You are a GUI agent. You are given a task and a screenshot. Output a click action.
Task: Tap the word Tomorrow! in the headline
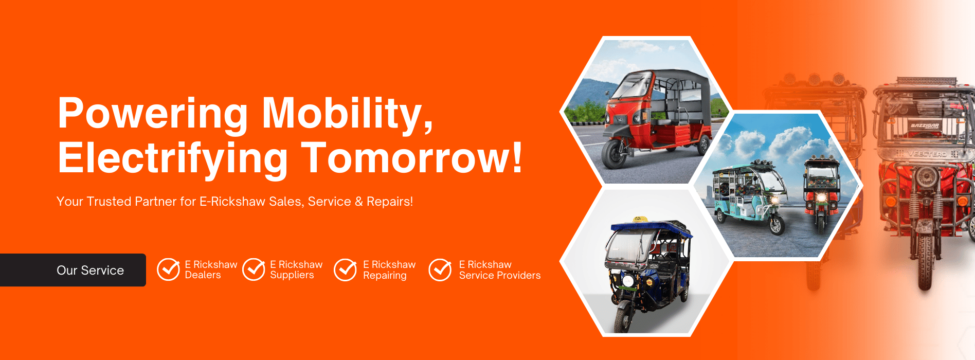(x=411, y=158)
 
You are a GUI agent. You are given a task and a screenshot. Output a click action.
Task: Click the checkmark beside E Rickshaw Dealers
(x=168, y=269)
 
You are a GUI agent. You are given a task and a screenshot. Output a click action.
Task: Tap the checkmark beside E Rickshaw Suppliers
(x=254, y=269)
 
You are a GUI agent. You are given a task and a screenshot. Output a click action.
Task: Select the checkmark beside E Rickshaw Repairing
(x=345, y=269)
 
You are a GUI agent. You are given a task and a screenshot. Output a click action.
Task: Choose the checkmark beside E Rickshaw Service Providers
(x=440, y=269)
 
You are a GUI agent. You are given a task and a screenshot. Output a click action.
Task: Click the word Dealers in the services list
(x=203, y=275)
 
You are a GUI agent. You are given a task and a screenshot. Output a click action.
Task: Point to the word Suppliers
(x=292, y=276)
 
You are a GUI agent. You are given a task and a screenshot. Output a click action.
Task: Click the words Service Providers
(x=500, y=276)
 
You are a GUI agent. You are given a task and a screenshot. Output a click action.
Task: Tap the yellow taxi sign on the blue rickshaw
(x=639, y=220)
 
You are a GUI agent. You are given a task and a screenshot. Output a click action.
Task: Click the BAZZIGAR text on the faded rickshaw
(x=925, y=126)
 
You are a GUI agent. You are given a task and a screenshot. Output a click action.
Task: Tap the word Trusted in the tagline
(x=109, y=202)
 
